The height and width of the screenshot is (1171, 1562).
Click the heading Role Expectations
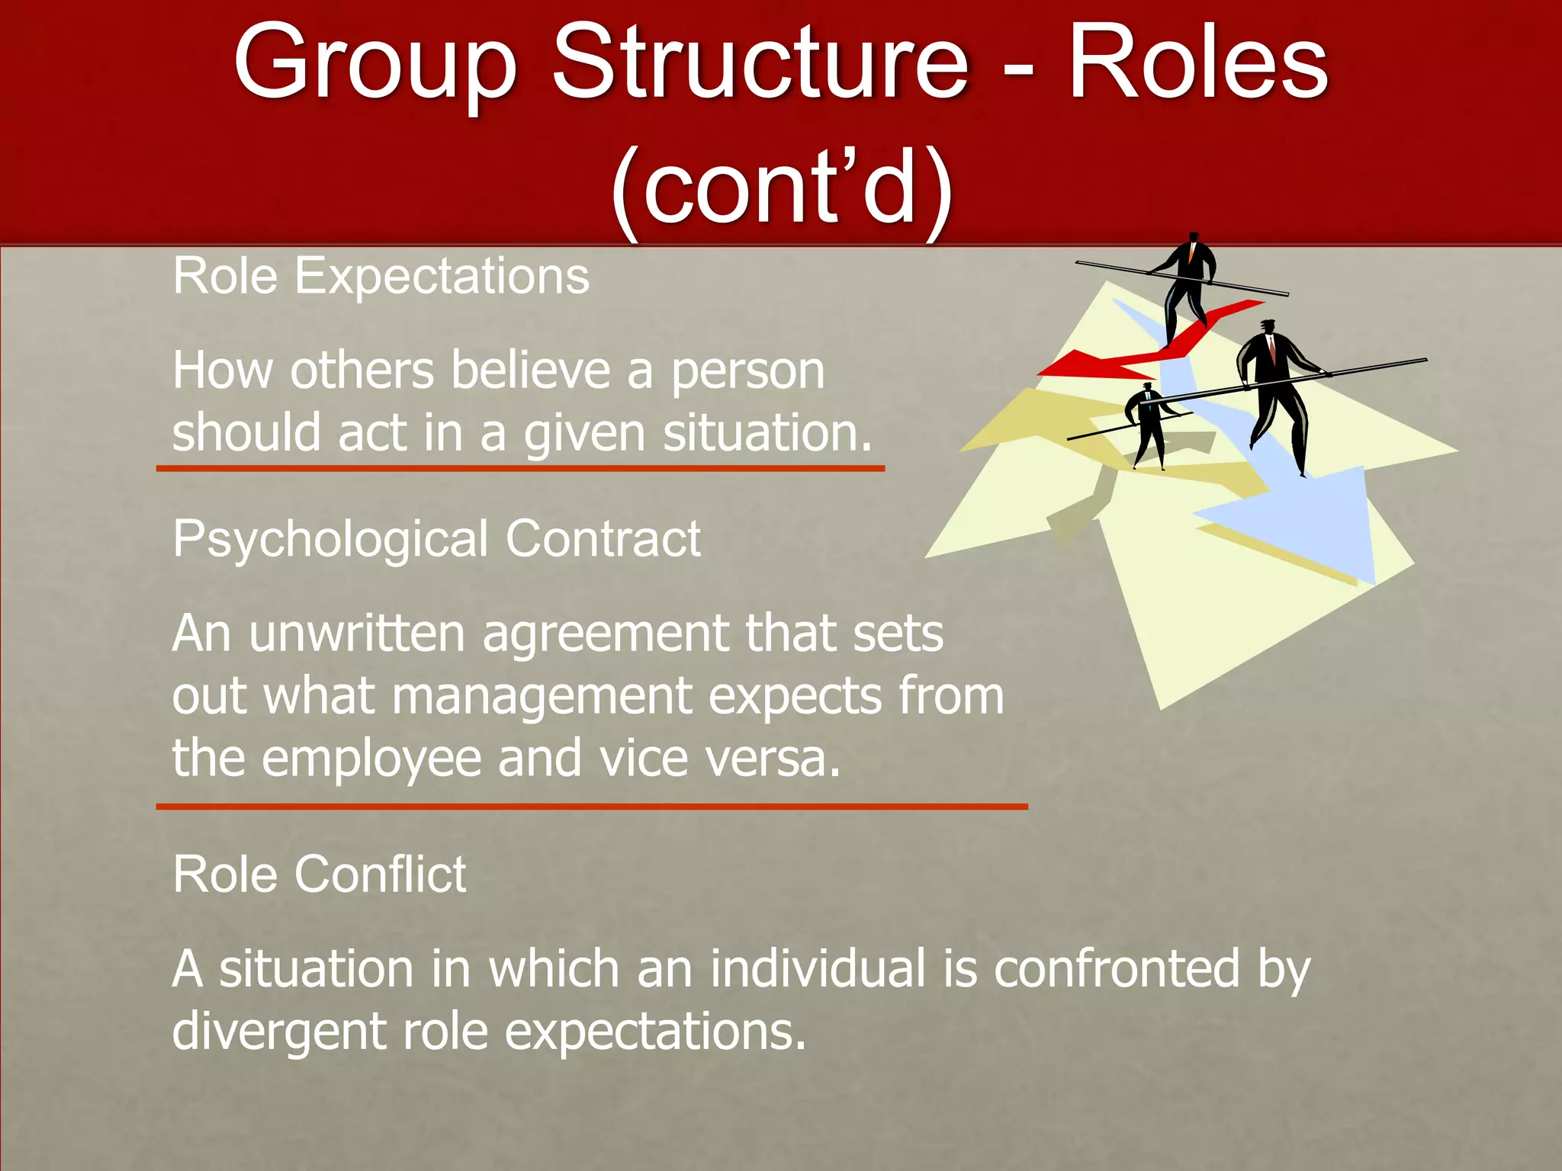[381, 276]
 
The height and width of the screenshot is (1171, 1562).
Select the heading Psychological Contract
[436, 539]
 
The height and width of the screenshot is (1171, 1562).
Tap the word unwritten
[356, 634]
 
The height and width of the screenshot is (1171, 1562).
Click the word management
[542, 697]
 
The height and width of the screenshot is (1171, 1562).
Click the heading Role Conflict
[319, 874]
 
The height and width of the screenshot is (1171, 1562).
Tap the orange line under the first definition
[520, 468]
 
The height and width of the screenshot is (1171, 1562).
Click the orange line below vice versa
[592, 806]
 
